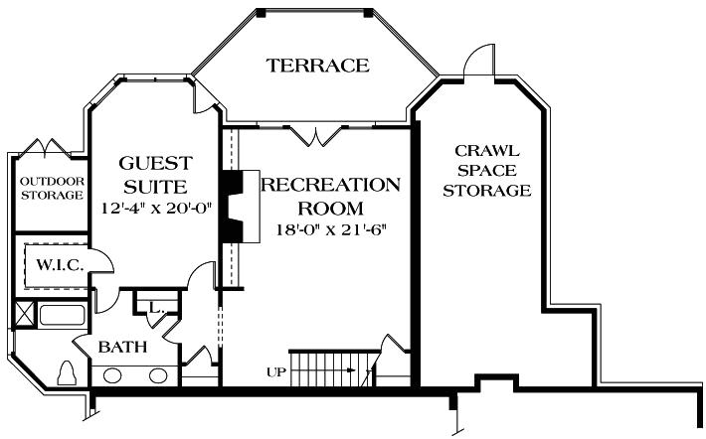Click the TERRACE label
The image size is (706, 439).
pyautogui.click(x=317, y=67)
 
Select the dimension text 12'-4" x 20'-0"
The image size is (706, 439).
pyautogui.click(x=157, y=209)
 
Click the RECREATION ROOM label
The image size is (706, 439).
pyautogui.click(x=330, y=196)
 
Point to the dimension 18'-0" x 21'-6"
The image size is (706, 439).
pyautogui.click(x=330, y=230)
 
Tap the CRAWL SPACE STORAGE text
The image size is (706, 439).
pyautogui.click(x=486, y=170)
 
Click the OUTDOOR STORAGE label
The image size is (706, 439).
pyautogui.click(x=52, y=189)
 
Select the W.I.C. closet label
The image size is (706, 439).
pyautogui.click(x=52, y=265)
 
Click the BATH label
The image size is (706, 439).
pyautogui.click(x=122, y=348)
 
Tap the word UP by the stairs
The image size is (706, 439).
pyautogui.click(x=276, y=371)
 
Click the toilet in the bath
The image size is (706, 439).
pyautogui.click(x=69, y=372)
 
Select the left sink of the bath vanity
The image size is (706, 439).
pyautogui.click(x=112, y=375)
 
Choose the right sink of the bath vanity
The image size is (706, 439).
pyautogui.click(x=158, y=375)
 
